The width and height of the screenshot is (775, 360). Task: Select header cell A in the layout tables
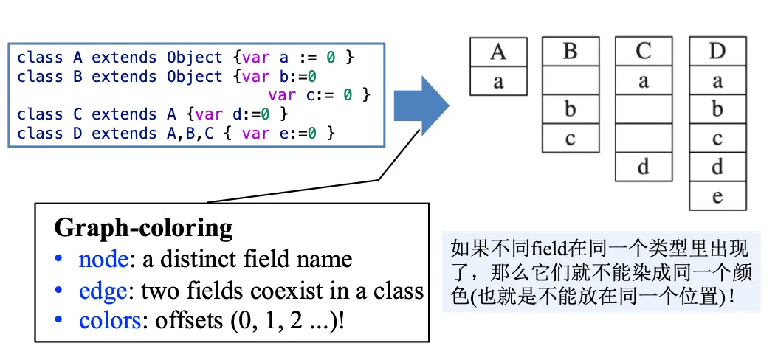coord(498,52)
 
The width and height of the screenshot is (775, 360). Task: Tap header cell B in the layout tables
coord(570,52)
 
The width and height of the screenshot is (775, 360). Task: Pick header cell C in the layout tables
coord(644,52)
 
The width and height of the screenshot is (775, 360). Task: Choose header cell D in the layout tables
coord(717,52)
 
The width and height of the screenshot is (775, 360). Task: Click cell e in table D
coord(717,196)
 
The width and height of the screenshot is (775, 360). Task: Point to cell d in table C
coord(644,167)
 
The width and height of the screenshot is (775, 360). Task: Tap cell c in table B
coord(570,139)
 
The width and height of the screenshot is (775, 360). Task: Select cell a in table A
coord(498,81)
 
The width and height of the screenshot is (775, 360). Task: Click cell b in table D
coord(717,110)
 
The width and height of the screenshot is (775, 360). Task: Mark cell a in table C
coord(644,81)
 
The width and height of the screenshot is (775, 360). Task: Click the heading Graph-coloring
coord(143,226)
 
